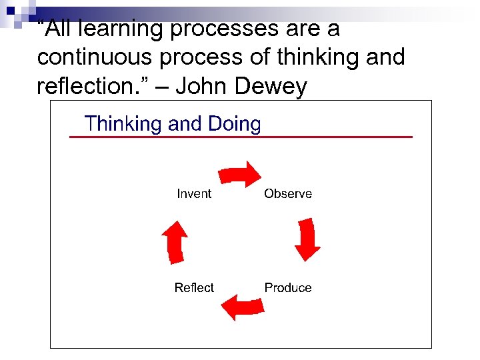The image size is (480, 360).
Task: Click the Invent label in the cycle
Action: pos(194,194)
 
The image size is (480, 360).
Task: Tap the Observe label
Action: pos(288,194)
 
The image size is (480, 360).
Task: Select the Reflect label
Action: pos(194,288)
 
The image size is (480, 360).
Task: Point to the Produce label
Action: pos(288,288)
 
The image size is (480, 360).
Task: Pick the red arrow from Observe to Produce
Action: pos(307,238)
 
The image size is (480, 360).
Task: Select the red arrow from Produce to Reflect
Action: pos(241,307)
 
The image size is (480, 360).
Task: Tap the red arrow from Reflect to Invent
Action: pos(175,241)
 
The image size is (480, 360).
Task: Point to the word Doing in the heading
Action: pos(234,124)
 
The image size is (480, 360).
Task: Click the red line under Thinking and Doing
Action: pos(241,137)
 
